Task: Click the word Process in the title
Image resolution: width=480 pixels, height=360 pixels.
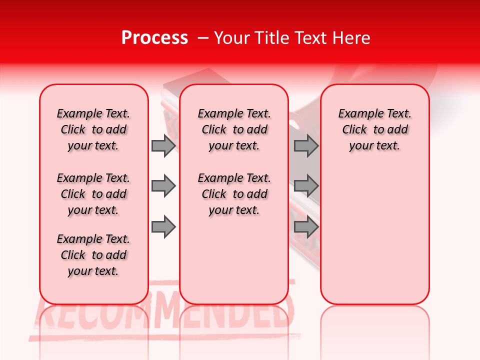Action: pos(154,38)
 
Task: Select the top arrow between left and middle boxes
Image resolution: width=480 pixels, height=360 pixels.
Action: pos(163,145)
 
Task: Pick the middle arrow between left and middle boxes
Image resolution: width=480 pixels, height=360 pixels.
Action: pos(163,186)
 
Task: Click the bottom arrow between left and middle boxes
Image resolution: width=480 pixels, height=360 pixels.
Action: pos(163,227)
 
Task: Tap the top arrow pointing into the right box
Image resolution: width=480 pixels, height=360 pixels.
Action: pos(306,145)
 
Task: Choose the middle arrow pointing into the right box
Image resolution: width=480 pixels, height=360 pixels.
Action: pos(306,186)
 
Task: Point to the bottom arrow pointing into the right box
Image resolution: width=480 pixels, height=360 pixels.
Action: pos(306,227)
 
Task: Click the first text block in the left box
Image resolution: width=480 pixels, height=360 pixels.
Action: pos(93,129)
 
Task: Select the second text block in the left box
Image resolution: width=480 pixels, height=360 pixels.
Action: pos(93,194)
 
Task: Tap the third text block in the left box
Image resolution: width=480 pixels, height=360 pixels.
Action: pos(93,255)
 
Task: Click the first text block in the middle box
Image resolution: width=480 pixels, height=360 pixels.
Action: pos(234,129)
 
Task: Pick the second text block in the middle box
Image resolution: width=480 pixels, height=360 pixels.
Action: pos(234,194)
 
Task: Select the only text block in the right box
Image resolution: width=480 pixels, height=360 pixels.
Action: pos(374,129)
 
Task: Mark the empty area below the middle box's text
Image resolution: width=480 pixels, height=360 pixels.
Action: pos(234,260)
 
